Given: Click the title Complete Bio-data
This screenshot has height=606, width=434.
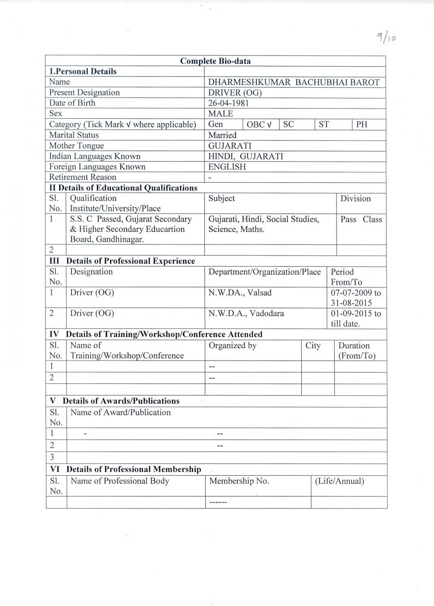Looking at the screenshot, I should (x=215, y=61).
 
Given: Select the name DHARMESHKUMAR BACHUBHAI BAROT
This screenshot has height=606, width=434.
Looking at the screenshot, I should (x=294, y=82).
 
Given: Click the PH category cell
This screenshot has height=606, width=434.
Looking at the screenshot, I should (x=362, y=124).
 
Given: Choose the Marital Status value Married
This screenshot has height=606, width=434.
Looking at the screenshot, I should (x=222, y=135).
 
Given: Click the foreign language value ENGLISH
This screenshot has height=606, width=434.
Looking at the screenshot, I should (x=227, y=167).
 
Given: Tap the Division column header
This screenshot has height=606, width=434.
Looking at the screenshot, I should (x=355, y=198).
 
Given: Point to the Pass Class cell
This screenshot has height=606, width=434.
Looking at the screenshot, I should (x=361, y=220).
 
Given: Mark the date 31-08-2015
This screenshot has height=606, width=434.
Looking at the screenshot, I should (x=351, y=303).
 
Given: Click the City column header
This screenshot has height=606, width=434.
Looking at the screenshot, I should (x=313, y=346).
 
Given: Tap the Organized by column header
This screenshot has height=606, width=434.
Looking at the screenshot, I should (x=232, y=346).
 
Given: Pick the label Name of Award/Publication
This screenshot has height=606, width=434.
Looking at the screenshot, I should (x=120, y=413).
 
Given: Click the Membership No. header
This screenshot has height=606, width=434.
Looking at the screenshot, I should (x=239, y=481).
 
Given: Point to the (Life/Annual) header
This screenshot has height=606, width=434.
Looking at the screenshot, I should (x=339, y=481).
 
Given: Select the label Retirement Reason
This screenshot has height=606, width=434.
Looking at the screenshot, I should (x=82, y=177).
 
